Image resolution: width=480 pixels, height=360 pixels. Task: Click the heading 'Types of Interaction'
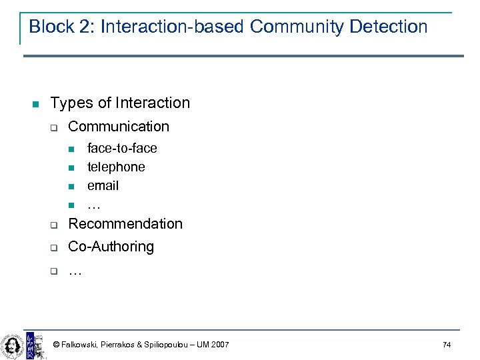pos(120,103)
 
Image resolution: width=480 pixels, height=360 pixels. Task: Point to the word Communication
pos(119,126)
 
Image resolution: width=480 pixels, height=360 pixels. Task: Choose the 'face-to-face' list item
pos(122,148)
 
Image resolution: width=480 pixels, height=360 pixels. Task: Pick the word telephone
pos(116,167)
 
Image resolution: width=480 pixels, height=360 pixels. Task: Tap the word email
pos(103,185)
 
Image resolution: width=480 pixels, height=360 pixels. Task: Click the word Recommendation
pos(125,223)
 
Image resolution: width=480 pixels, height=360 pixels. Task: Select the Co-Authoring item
pos(111,247)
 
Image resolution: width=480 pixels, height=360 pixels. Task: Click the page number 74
pos(447,345)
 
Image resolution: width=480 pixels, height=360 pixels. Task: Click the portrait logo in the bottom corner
pos(12,345)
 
